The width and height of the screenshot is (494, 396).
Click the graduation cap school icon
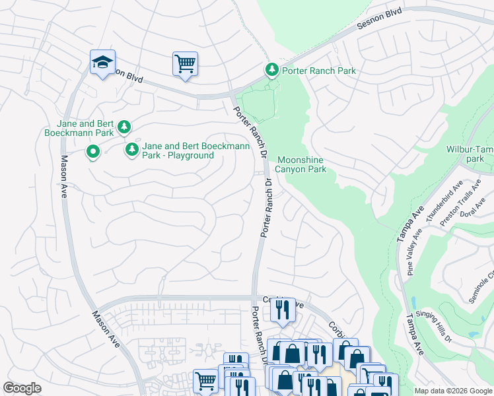pyautogui.click(x=102, y=63)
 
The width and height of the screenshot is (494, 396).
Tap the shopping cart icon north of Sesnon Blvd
pyautogui.click(x=185, y=65)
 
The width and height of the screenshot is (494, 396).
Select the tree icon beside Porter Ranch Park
pyautogui.click(x=271, y=70)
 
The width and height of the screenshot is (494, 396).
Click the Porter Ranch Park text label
pyautogui.click(x=319, y=71)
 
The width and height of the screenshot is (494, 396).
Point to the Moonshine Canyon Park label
pyautogui.click(x=302, y=164)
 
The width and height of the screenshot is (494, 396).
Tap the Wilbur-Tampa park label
pyautogui.click(x=470, y=154)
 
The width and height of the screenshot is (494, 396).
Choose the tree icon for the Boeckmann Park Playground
pyautogui.click(x=132, y=150)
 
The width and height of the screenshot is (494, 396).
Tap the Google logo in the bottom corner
pyautogui.click(x=22, y=388)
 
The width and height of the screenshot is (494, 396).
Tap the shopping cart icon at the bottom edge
pyautogui.click(x=205, y=380)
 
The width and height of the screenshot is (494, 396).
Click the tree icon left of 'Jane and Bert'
pyautogui.click(x=123, y=126)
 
